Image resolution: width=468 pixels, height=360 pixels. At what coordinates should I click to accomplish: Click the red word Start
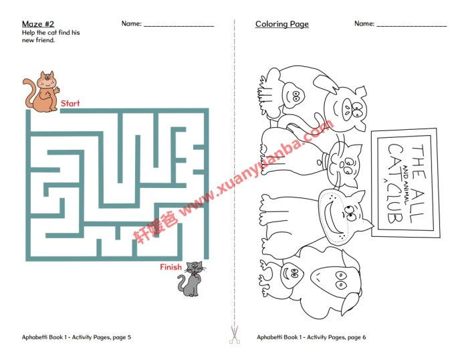tap(70, 104)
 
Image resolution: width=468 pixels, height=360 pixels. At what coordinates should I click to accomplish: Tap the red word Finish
tap(170, 268)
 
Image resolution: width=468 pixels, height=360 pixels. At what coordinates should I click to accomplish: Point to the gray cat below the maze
tap(191, 279)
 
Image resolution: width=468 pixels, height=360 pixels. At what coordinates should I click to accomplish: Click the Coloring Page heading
tap(281, 24)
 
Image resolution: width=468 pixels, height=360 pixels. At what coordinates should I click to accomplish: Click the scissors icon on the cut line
tap(234, 335)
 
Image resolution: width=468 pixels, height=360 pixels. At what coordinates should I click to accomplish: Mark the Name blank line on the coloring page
tap(411, 25)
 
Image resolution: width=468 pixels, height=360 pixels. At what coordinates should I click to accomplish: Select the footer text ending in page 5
tap(77, 337)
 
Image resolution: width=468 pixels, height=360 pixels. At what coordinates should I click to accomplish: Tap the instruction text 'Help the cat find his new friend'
tap(51, 36)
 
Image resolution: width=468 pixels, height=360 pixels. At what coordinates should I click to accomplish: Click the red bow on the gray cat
tap(194, 273)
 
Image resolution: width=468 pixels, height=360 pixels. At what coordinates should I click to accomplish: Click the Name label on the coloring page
tap(364, 24)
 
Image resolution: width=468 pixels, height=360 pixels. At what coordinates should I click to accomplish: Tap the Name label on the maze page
tap(131, 24)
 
